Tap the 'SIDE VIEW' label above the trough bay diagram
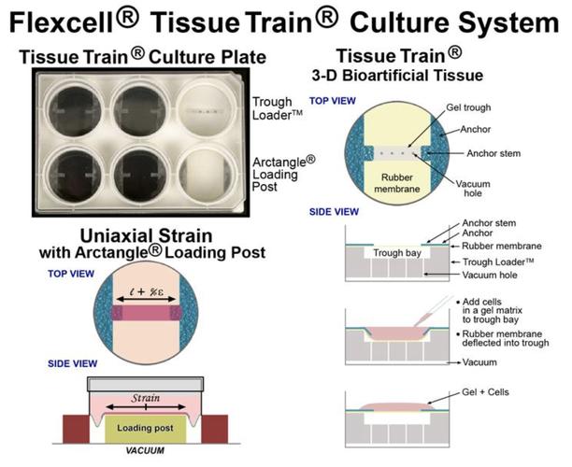330,211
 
